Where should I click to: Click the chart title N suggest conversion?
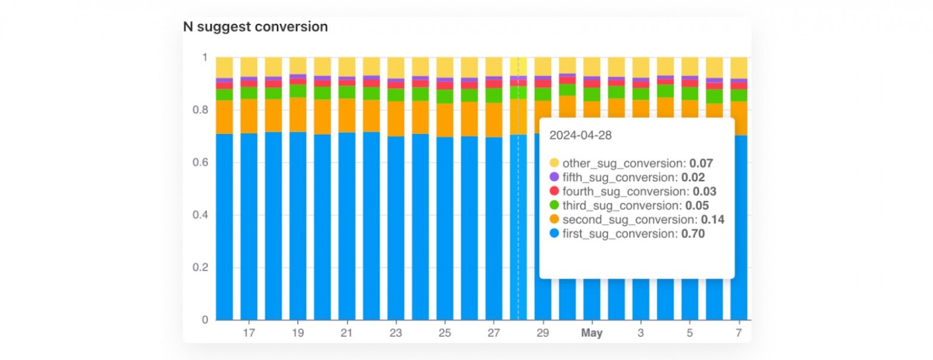tap(255, 27)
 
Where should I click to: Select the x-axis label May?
tap(592, 332)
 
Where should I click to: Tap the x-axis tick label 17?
tap(249, 332)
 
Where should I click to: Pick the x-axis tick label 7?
tap(739, 332)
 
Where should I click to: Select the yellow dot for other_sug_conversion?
tap(554, 163)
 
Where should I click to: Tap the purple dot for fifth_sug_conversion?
tap(554, 177)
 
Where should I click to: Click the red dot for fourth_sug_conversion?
tap(554, 191)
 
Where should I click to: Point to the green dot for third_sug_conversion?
tap(554, 206)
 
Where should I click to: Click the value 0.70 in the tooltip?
tap(693, 234)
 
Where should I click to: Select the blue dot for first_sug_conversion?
tap(554, 234)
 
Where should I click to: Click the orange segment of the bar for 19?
tap(298, 114)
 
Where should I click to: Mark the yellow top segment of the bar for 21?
tap(347, 66)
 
